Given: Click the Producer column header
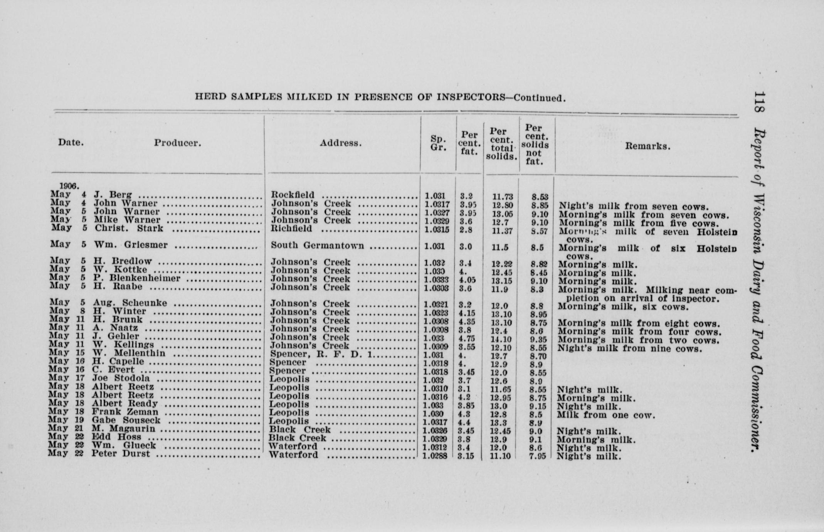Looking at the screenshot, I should click(x=178, y=143).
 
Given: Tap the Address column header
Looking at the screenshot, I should click(x=340, y=143).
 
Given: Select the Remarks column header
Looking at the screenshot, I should click(x=647, y=146).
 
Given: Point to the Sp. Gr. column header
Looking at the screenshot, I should click(x=438, y=143).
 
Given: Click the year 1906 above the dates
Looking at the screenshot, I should click(x=69, y=186).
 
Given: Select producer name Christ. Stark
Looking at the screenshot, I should click(x=129, y=229).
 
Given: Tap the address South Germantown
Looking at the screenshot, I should click(x=317, y=246).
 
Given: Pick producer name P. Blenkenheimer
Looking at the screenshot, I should click(x=137, y=278).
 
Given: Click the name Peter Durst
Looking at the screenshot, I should click(x=121, y=454).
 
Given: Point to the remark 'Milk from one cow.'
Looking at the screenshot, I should click(x=606, y=415).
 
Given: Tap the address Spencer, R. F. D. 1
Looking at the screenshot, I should click(x=321, y=354).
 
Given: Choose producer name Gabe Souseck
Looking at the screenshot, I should click(x=126, y=420).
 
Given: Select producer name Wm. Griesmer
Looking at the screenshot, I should click(x=131, y=245).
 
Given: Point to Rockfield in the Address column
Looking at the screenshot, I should click(x=293, y=195).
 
